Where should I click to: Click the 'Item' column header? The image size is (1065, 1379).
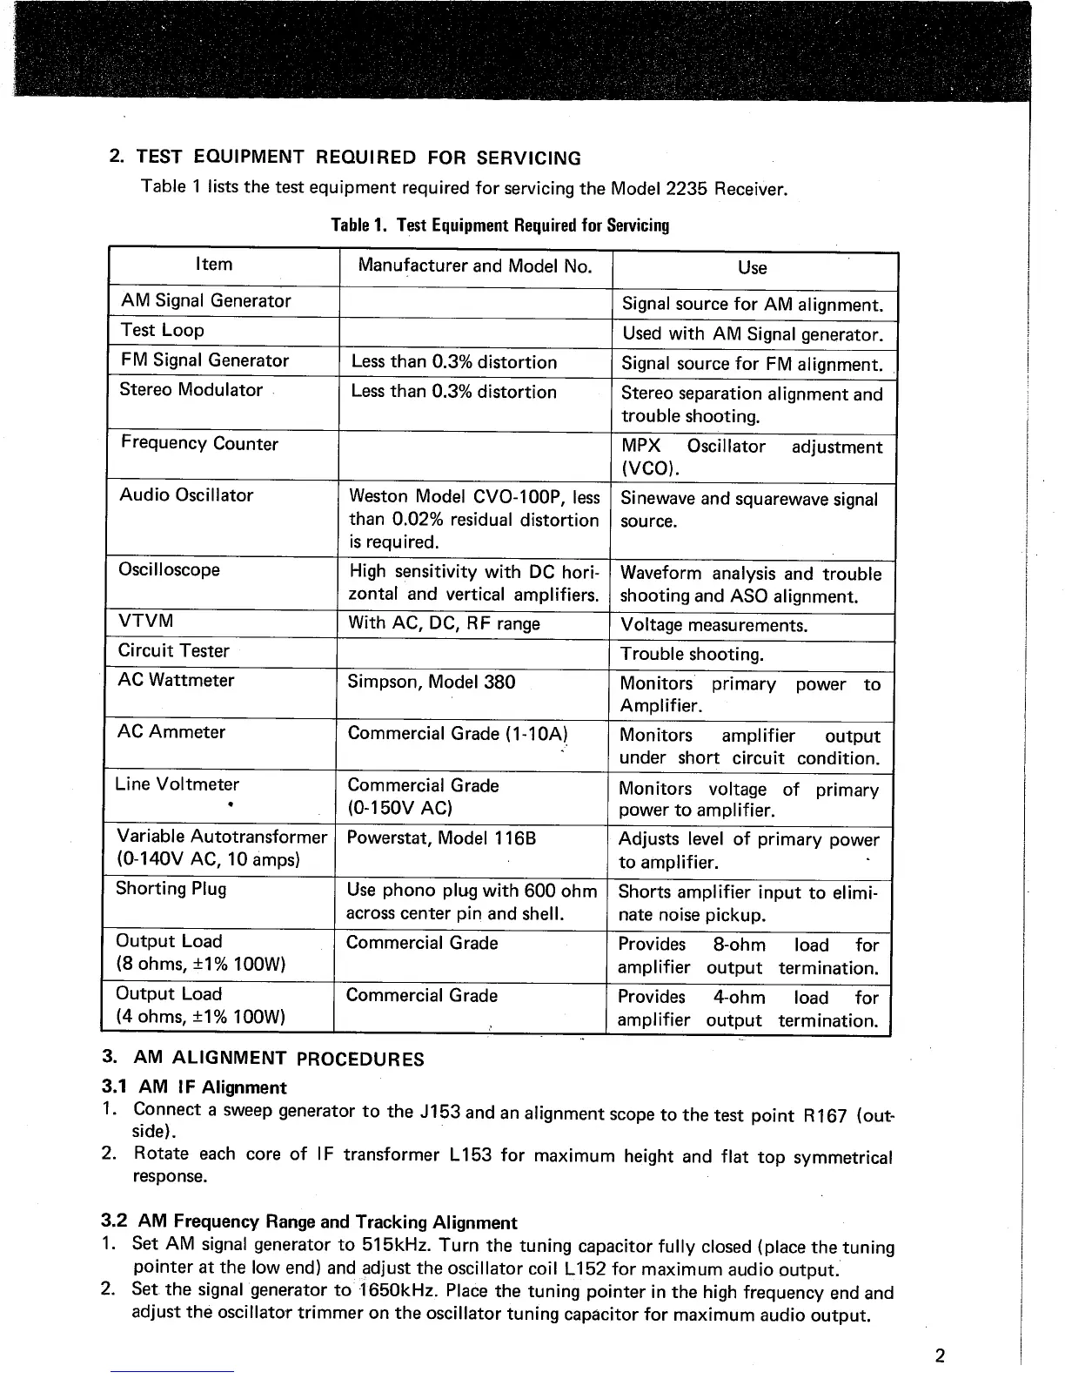pyautogui.click(x=214, y=265)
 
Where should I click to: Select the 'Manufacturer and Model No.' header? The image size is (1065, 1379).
pyautogui.click(x=475, y=266)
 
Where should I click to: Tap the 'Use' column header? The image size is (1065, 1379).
pyautogui.click(x=752, y=268)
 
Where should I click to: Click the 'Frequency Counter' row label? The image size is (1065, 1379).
pyautogui.click(x=199, y=444)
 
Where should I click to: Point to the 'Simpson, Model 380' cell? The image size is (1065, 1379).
pyautogui.click(x=432, y=683)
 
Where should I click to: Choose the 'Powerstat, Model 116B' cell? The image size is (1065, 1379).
pyautogui.click(x=441, y=838)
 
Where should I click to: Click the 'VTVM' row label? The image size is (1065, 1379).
pyautogui.click(x=146, y=621)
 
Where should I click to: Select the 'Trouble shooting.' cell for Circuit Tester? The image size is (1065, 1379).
pyautogui.click(x=692, y=655)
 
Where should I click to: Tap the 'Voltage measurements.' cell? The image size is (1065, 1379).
pyautogui.click(x=713, y=626)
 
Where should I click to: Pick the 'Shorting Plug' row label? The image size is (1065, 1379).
pyautogui.click(x=171, y=889)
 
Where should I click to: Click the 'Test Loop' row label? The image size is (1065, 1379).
pyautogui.click(x=163, y=331)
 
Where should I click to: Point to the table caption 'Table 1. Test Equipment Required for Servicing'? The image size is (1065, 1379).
pyautogui.click(x=500, y=226)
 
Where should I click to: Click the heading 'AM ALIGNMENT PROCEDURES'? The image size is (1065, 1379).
pyautogui.click(x=278, y=1059)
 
